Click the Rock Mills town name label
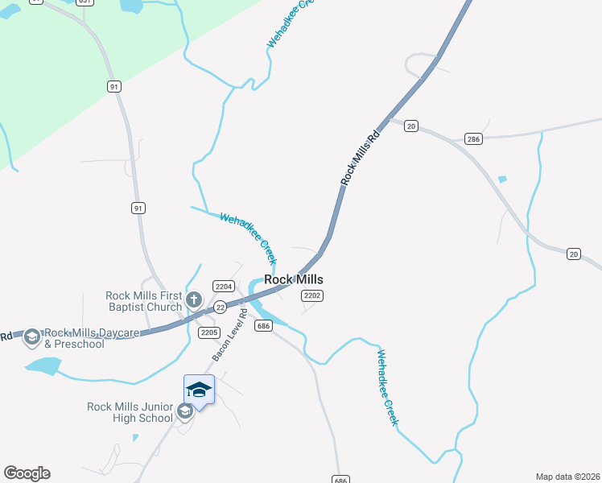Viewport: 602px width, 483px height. (294, 279)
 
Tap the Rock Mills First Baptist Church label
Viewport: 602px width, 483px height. (144, 301)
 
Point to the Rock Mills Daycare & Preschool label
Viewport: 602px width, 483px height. (74, 338)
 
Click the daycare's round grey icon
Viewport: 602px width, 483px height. (32, 337)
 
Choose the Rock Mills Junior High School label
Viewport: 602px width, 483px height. (130, 412)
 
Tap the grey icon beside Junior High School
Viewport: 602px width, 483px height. (184, 412)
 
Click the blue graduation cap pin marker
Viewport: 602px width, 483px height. (199, 391)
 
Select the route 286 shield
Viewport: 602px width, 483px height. (473, 139)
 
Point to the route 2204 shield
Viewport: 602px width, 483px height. (224, 286)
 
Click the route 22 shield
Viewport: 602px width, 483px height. (220, 307)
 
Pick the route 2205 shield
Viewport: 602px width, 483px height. (209, 332)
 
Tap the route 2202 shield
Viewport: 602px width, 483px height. (312, 296)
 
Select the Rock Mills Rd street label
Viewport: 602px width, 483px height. (360, 155)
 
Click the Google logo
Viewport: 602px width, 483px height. (27, 473)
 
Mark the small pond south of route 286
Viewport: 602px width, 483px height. (503, 179)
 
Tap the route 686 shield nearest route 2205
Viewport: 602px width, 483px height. (262, 325)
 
